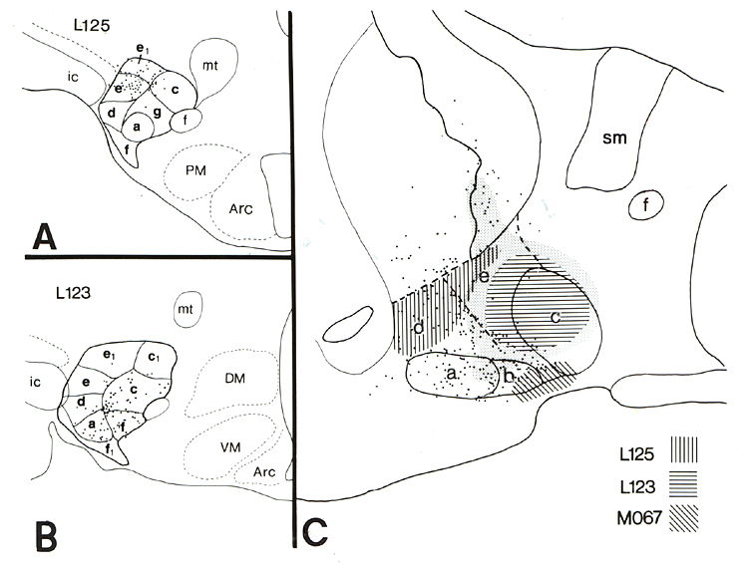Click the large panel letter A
(43, 236)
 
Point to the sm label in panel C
(613, 139)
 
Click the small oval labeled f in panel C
(648, 206)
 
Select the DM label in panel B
(234, 376)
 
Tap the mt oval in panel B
(185, 310)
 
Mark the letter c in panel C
(552, 317)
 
